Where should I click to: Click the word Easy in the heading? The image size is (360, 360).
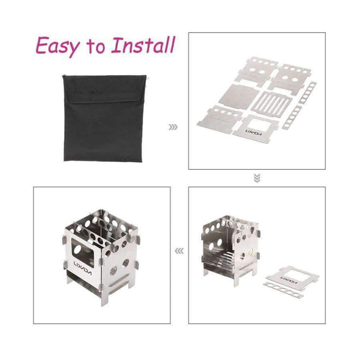coord(58,47)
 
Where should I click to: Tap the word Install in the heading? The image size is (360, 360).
coord(143,45)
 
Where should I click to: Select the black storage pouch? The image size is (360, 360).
coord(104,118)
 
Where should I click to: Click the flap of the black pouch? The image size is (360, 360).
coord(104,89)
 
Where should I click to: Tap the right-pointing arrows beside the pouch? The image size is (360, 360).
coord(173,127)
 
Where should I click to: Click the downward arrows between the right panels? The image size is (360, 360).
coord(257,178)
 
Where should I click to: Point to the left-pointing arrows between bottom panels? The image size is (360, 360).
coord(179,251)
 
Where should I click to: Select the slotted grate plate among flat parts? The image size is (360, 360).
coord(272,102)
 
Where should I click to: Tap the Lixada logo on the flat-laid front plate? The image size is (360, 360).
coord(253,132)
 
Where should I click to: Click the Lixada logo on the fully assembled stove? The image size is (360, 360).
coord(83,268)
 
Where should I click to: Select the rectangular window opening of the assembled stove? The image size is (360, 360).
coord(83,253)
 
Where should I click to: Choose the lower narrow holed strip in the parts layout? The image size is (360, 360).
coord(292,117)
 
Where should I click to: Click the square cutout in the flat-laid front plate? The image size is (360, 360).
coord(260,125)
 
